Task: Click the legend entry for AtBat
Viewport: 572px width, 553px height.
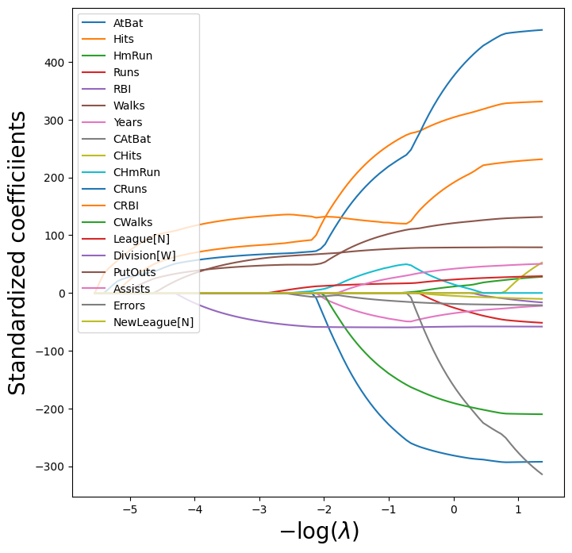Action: tap(128, 23)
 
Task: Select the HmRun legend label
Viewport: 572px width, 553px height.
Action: tap(132, 56)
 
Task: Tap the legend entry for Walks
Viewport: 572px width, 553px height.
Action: tap(129, 106)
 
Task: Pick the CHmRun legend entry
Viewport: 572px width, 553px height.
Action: tap(136, 172)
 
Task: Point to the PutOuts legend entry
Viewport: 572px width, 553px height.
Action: tap(135, 272)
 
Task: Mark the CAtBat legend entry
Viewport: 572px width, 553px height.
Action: tap(132, 139)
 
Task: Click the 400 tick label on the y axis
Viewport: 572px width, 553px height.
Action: tap(56, 62)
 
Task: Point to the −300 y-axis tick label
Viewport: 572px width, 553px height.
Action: tap(52, 467)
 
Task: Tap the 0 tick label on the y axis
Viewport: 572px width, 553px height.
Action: tap(62, 294)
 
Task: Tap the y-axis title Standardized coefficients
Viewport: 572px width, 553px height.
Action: tap(17, 252)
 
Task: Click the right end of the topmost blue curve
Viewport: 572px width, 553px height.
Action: tap(543, 30)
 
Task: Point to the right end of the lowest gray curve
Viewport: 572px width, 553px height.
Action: tap(543, 474)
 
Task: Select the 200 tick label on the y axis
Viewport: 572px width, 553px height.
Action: tap(56, 178)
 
